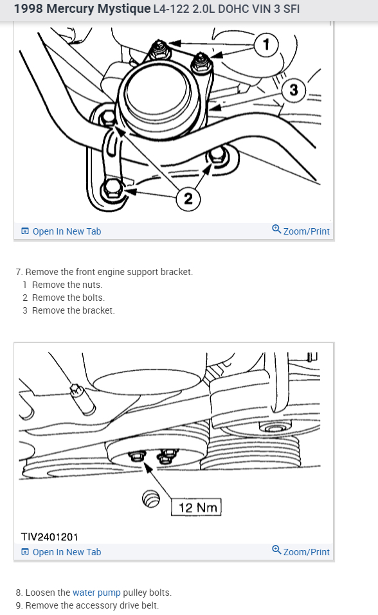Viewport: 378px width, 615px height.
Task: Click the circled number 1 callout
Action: [x=266, y=45]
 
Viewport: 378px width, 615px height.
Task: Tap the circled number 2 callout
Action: [x=188, y=199]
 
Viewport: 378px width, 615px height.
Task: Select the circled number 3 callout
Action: [x=294, y=90]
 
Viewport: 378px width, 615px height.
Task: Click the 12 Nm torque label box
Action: [x=196, y=507]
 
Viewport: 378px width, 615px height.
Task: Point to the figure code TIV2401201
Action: [x=50, y=537]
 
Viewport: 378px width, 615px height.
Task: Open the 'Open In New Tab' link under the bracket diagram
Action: [x=61, y=231]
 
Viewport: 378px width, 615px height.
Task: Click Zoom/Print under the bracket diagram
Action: [x=301, y=231]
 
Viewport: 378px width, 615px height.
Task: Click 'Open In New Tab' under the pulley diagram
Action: [x=61, y=552]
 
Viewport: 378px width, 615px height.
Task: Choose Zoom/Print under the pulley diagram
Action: [x=301, y=551]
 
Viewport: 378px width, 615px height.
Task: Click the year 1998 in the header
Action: [x=29, y=8]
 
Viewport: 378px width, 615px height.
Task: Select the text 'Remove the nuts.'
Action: [x=67, y=285]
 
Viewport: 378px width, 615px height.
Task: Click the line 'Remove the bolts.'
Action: [x=68, y=298]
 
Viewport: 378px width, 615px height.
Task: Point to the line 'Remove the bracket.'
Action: [x=73, y=310]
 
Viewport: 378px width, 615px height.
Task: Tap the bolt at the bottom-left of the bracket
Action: [x=113, y=190]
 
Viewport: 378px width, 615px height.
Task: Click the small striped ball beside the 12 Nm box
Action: [x=151, y=499]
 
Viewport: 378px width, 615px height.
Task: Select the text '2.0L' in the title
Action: [x=204, y=8]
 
